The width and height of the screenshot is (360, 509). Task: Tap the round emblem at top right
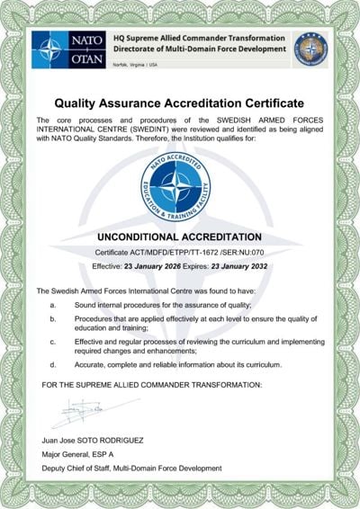click(310, 48)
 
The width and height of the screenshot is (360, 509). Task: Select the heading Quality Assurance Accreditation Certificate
click(179, 103)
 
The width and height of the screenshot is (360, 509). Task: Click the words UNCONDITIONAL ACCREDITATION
click(179, 237)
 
